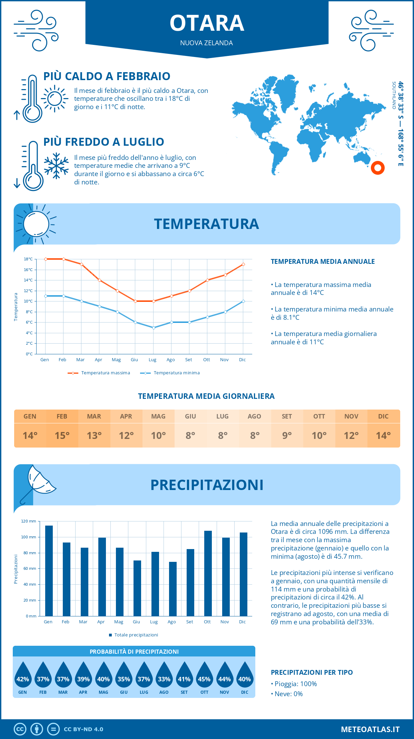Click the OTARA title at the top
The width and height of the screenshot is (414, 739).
207,23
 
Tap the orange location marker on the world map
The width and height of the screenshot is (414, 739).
377,168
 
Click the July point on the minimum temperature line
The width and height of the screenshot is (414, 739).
154,328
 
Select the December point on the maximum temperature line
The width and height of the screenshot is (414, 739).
243,265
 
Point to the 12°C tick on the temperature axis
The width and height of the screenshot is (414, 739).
28,291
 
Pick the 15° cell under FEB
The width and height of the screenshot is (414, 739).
62,435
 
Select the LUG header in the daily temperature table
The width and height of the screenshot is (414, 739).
223,416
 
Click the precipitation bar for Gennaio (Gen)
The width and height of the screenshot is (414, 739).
49,571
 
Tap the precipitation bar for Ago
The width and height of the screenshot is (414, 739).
172,589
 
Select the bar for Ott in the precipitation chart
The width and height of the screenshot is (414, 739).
208,573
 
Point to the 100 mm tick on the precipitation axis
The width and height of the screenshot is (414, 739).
29,537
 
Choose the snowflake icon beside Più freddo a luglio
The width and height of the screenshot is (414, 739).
56,166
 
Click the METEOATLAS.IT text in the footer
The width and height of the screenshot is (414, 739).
370,729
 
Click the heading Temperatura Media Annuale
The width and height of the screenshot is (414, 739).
323,262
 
